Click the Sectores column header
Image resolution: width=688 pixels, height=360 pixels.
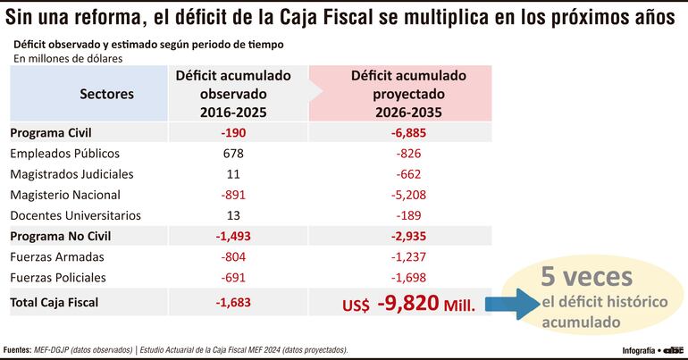pyautogui.click(x=106, y=93)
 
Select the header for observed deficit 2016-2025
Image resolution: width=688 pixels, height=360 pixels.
pyautogui.click(x=232, y=94)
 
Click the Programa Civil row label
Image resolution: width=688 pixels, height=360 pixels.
pyautogui.click(x=53, y=132)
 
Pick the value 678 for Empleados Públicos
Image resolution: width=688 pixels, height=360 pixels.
pyautogui.click(x=233, y=153)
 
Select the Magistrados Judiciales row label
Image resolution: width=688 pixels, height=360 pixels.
pyautogui.click(x=71, y=173)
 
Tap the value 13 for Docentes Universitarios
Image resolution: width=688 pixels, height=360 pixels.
pyautogui.click(x=233, y=215)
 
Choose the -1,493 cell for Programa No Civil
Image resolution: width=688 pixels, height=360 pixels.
pyautogui.click(x=232, y=236)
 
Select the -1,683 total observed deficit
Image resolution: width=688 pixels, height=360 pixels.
pyautogui.click(x=232, y=302)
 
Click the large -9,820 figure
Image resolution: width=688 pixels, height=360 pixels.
pyautogui.click(x=407, y=303)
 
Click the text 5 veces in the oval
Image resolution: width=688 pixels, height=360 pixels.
pyautogui.click(x=585, y=276)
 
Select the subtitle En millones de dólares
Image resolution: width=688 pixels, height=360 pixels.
pyautogui.click(x=68, y=59)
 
